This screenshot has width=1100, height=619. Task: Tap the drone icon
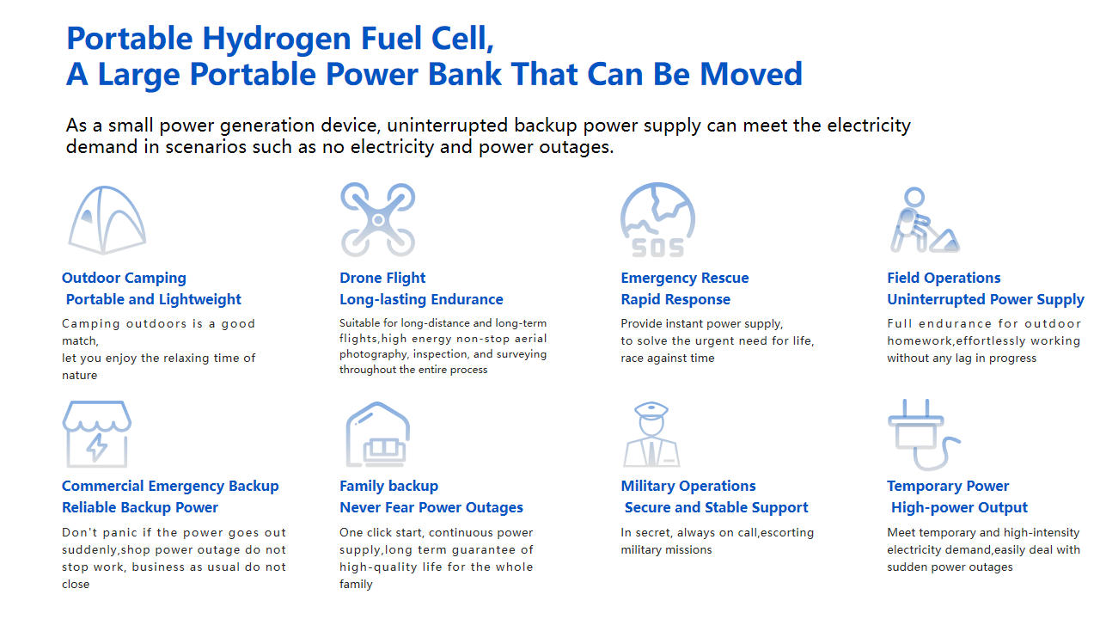point(377,219)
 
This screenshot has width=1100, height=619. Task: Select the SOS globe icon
point(658,219)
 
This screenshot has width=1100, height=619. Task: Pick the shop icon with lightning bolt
point(97,434)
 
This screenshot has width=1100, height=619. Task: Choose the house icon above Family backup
point(377,434)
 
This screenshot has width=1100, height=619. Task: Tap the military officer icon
point(651,434)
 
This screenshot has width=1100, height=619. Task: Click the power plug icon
point(924,434)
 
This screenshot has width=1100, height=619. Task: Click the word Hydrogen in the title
point(277,39)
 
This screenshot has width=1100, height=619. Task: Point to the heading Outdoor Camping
point(124,278)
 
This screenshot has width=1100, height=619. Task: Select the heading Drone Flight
point(382,278)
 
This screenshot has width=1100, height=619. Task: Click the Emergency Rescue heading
point(685,278)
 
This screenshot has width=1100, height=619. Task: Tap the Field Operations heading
point(944,278)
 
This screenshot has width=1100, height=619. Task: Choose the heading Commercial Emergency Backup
point(170,486)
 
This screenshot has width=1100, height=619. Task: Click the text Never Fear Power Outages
point(431,507)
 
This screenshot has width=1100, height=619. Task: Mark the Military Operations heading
point(688,486)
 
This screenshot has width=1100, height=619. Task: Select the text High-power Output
point(960,507)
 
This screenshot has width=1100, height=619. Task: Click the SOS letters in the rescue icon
point(658,248)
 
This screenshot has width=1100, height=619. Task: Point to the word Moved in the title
point(751,74)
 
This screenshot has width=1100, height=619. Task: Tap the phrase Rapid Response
point(675,300)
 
